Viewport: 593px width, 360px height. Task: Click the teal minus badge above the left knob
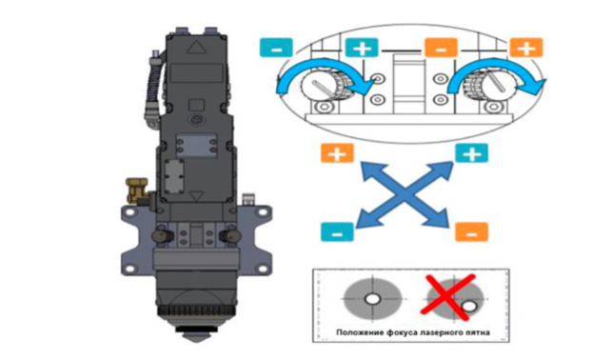point(276,48)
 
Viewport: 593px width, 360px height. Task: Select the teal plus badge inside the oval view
point(362,48)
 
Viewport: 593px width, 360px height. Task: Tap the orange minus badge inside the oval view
point(441,48)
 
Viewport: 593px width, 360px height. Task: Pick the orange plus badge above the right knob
point(526,48)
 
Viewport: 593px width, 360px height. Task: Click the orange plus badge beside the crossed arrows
point(337,153)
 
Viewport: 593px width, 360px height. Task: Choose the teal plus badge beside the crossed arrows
point(471,153)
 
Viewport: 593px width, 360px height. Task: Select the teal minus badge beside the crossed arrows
point(337,232)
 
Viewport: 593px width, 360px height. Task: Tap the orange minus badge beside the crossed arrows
point(471,232)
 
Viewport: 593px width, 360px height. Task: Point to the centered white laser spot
point(372,299)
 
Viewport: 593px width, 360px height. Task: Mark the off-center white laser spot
point(469,307)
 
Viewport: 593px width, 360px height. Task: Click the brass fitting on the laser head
point(137,190)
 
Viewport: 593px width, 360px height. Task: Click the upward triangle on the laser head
point(196,48)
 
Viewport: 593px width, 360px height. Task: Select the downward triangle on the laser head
point(196,195)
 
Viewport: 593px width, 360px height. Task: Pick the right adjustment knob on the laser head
point(230,235)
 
